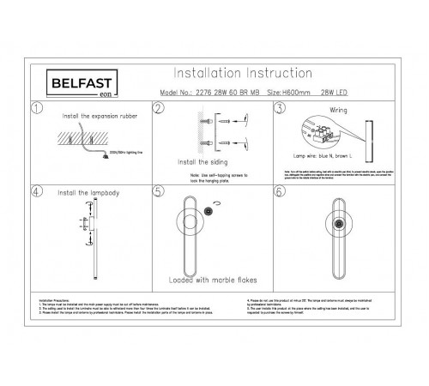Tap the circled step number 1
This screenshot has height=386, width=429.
pyautogui.click(x=35, y=110)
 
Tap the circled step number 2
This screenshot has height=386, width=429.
pyautogui.click(x=158, y=110)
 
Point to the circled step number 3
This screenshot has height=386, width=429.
pyautogui.click(x=281, y=110)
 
